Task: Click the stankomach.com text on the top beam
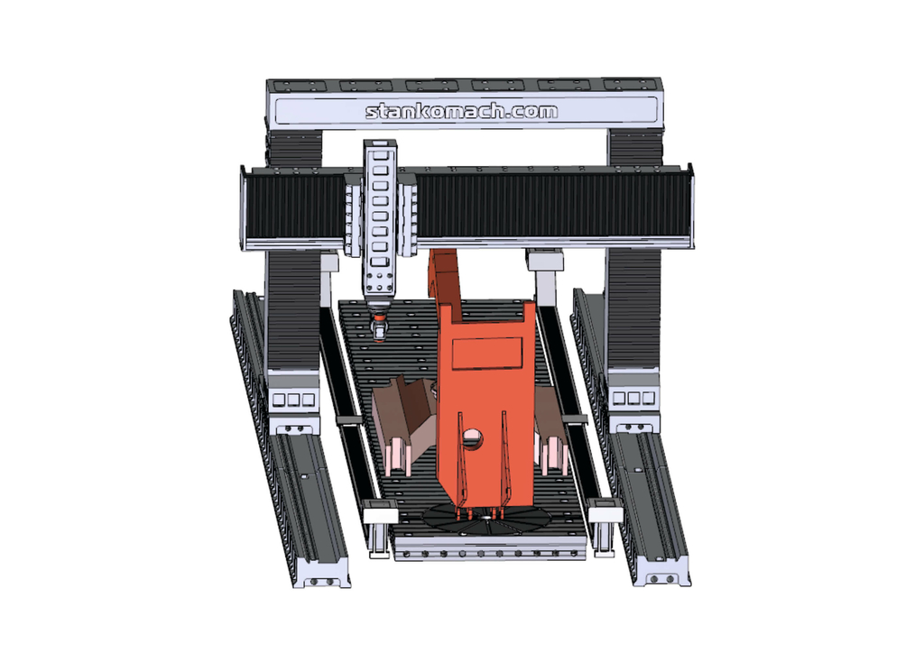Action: coord(461,111)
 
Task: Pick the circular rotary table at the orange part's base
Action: coord(486,518)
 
